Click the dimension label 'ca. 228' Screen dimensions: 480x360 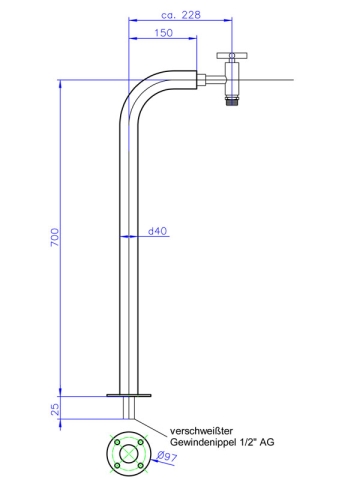[181, 15]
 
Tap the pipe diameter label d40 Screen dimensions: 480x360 [156, 232]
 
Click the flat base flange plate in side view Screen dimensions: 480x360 [129, 396]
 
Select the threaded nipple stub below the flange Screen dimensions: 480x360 [129, 409]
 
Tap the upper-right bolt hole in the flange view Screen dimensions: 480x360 [139, 441]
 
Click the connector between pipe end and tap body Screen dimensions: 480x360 [212, 77]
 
